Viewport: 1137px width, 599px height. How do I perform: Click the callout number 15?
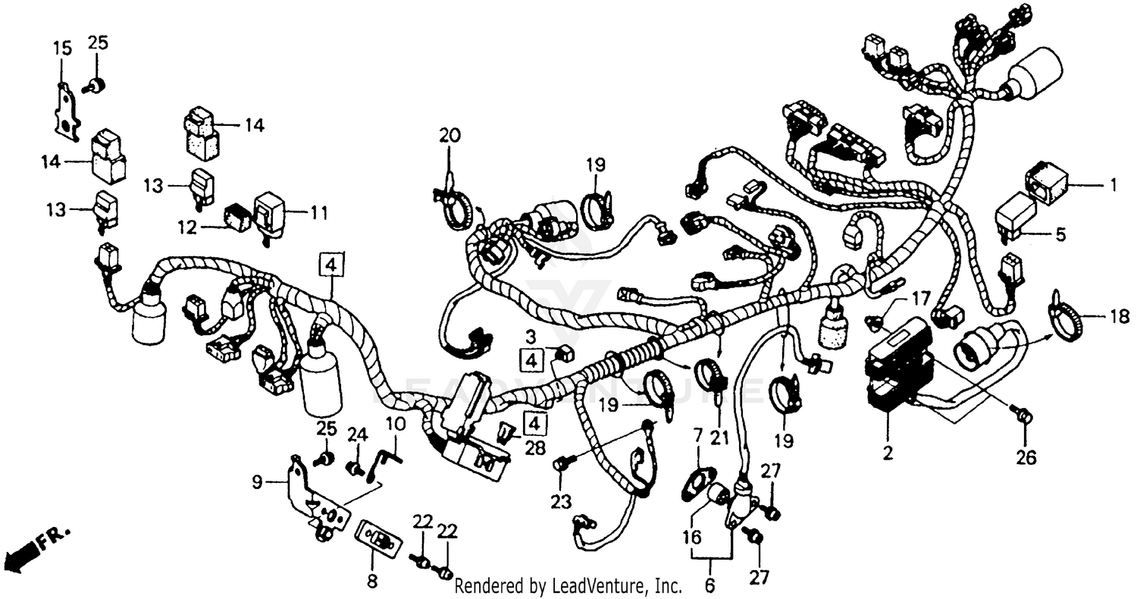62,49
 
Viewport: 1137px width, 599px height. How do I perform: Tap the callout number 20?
449,136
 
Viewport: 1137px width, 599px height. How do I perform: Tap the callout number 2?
888,454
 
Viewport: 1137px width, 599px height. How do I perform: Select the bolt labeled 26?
1023,416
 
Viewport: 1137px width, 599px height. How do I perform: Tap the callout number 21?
718,437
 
